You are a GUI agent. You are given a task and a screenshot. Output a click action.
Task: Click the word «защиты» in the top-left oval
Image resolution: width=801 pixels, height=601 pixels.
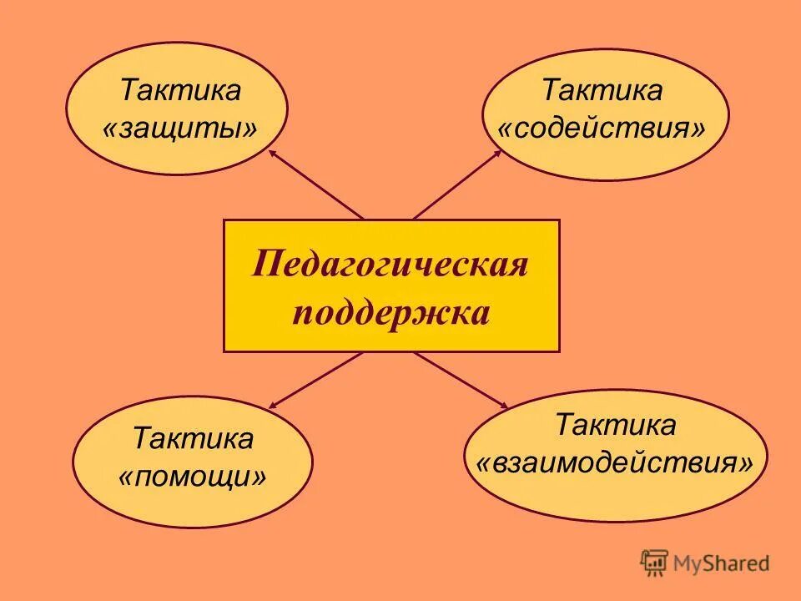click(x=180, y=129)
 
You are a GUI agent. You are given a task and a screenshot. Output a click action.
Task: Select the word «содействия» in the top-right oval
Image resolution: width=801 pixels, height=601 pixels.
click(x=602, y=129)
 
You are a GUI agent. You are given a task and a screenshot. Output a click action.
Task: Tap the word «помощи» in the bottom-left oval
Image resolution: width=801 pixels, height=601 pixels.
click(x=194, y=477)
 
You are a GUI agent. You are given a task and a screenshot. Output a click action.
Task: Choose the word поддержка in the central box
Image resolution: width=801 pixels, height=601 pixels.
click(x=390, y=315)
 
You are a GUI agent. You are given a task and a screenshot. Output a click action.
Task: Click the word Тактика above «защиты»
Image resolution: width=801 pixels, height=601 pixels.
click(x=180, y=90)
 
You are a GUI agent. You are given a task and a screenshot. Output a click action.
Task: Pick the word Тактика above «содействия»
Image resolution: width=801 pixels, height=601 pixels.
click(x=602, y=90)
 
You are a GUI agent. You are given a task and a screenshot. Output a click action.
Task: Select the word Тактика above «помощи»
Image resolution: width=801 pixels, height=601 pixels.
click(x=194, y=437)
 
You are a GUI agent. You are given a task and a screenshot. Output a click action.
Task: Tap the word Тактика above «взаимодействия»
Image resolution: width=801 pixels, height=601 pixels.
click(x=616, y=425)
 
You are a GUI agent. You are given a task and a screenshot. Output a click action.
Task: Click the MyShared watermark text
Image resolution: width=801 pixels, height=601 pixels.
click(x=723, y=563)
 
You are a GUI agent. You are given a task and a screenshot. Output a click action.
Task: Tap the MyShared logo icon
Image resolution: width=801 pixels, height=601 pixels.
click(x=654, y=563)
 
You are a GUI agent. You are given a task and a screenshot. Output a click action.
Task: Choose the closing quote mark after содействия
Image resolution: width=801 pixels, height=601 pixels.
click(x=698, y=130)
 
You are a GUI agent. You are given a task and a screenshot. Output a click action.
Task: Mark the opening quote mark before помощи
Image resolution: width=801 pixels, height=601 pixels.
click(x=126, y=478)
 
